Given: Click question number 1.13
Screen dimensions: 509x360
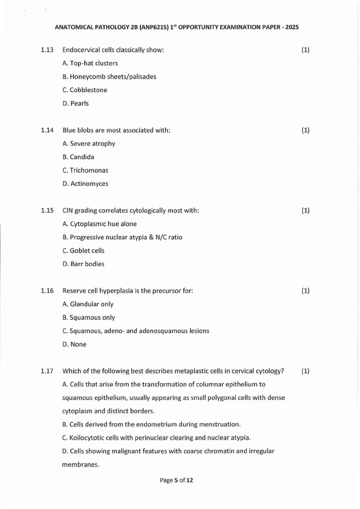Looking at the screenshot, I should [47, 50].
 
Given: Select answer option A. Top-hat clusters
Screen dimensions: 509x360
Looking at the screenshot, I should [90, 63].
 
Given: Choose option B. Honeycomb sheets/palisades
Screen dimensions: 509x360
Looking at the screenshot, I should [109, 77].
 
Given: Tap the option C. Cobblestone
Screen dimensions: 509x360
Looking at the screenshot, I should [85, 90].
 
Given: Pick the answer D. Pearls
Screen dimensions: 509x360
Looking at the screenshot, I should [76, 103].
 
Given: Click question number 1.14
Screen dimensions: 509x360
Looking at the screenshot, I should [47, 131].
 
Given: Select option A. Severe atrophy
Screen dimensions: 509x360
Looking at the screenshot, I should [89, 144].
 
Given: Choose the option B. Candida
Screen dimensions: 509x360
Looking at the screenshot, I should [78, 157].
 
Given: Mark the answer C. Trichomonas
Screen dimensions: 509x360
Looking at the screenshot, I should [85, 170].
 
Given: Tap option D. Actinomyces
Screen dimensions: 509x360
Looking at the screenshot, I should [85, 184].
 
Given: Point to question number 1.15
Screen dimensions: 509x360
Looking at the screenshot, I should [47, 211].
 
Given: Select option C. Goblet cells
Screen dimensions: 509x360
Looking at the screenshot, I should [83, 251].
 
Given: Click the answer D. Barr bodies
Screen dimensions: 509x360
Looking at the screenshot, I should [83, 264].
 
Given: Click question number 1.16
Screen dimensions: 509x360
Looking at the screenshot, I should [47, 291].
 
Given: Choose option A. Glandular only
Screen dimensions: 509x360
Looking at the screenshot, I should [88, 304].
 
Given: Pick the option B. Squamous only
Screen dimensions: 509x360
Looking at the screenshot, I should [89, 318].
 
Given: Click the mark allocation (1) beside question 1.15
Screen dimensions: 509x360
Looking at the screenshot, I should [306, 211].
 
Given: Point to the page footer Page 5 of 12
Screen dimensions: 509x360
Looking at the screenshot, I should [177, 480].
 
